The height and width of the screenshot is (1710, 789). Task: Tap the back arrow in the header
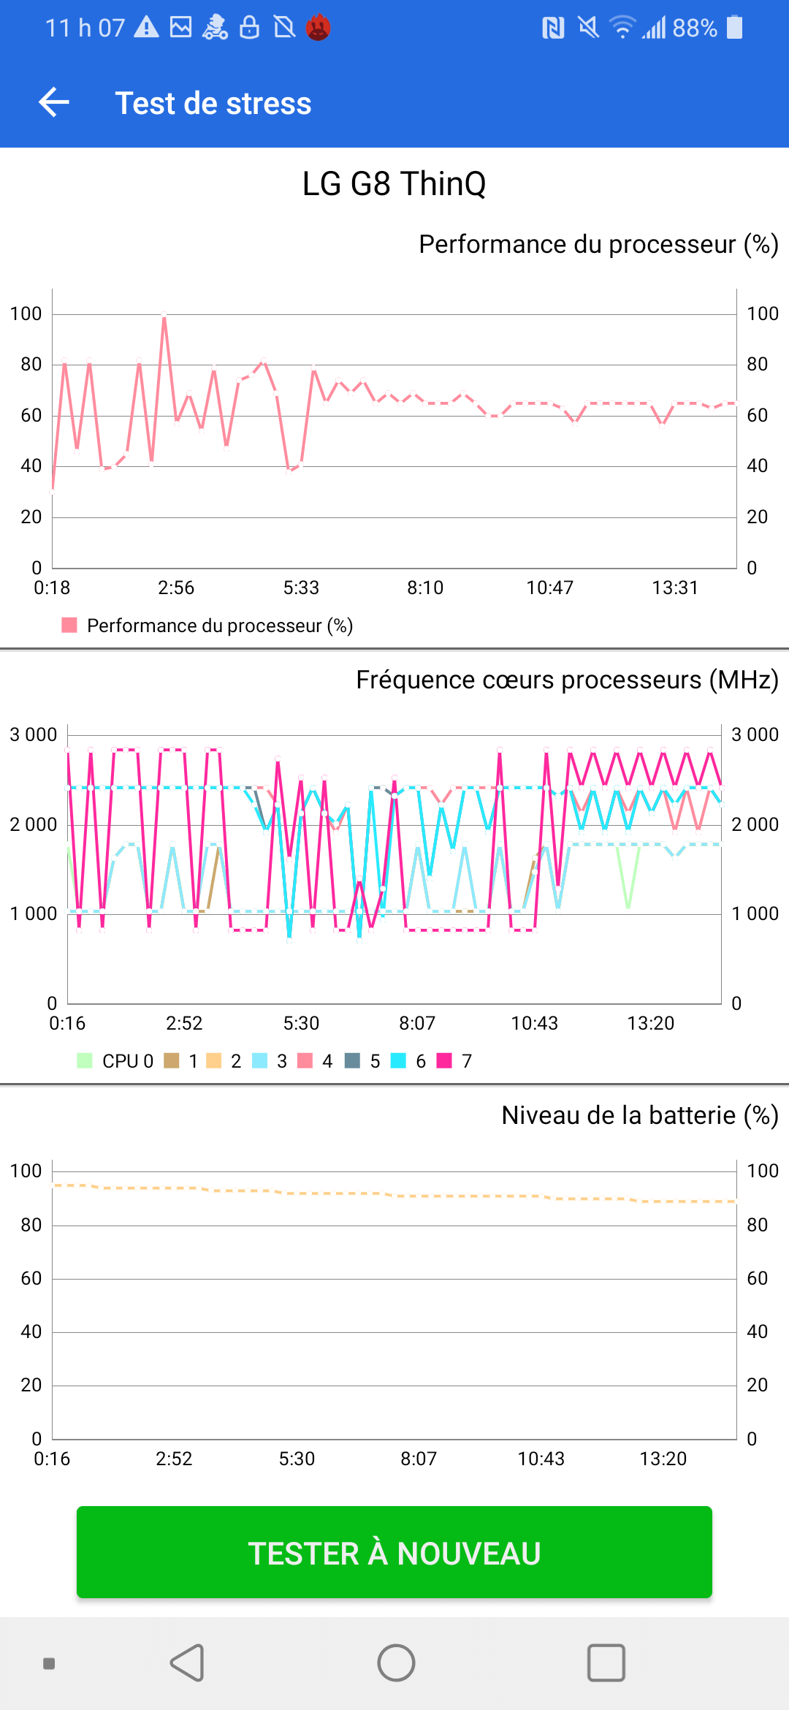pyautogui.click(x=54, y=102)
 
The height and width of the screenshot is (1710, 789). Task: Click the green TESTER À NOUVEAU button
pyautogui.click(x=394, y=1553)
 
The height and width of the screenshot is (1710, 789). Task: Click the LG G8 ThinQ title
pyautogui.click(x=394, y=183)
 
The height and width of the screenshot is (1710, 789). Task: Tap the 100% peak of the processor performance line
pyautogui.click(x=164, y=316)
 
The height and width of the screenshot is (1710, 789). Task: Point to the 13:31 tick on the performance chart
pyautogui.click(x=675, y=588)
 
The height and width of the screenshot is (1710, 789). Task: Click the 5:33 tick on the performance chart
pyautogui.click(x=301, y=588)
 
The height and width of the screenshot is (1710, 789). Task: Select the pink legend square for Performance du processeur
pyautogui.click(x=69, y=625)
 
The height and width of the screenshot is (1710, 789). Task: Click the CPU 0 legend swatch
pyautogui.click(x=85, y=1060)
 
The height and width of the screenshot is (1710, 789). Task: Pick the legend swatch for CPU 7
pyautogui.click(x=444, y=1060)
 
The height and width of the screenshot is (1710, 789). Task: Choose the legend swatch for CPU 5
pyautogui.click(x=352, y=1060)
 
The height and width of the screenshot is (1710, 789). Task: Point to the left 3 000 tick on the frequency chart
pyautogui.click(x=33, y=734)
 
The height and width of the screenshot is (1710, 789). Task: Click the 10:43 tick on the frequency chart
pyautogui.click(x=534, y=1023)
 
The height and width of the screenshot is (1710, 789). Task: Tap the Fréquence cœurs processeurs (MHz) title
pyautogui.click(x=567, y=680)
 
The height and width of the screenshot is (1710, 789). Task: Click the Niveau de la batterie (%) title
pyautogui.click(x=640, y=1115)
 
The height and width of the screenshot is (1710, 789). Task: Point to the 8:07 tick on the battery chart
pyautogui.click(x=419, y=1459)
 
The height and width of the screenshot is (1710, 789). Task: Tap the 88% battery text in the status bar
pyautogui.click(x=694, y=28)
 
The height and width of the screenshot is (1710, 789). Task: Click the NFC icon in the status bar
pyautogui.click(x=553, y=28)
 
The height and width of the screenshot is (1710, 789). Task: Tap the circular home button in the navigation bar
pyautogui.click(x=396, y=1663)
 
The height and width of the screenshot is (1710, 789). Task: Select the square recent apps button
pyautogui.click(x=606, y=1663)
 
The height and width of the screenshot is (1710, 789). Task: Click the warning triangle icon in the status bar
pyautogui.click(x=147, y=28)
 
